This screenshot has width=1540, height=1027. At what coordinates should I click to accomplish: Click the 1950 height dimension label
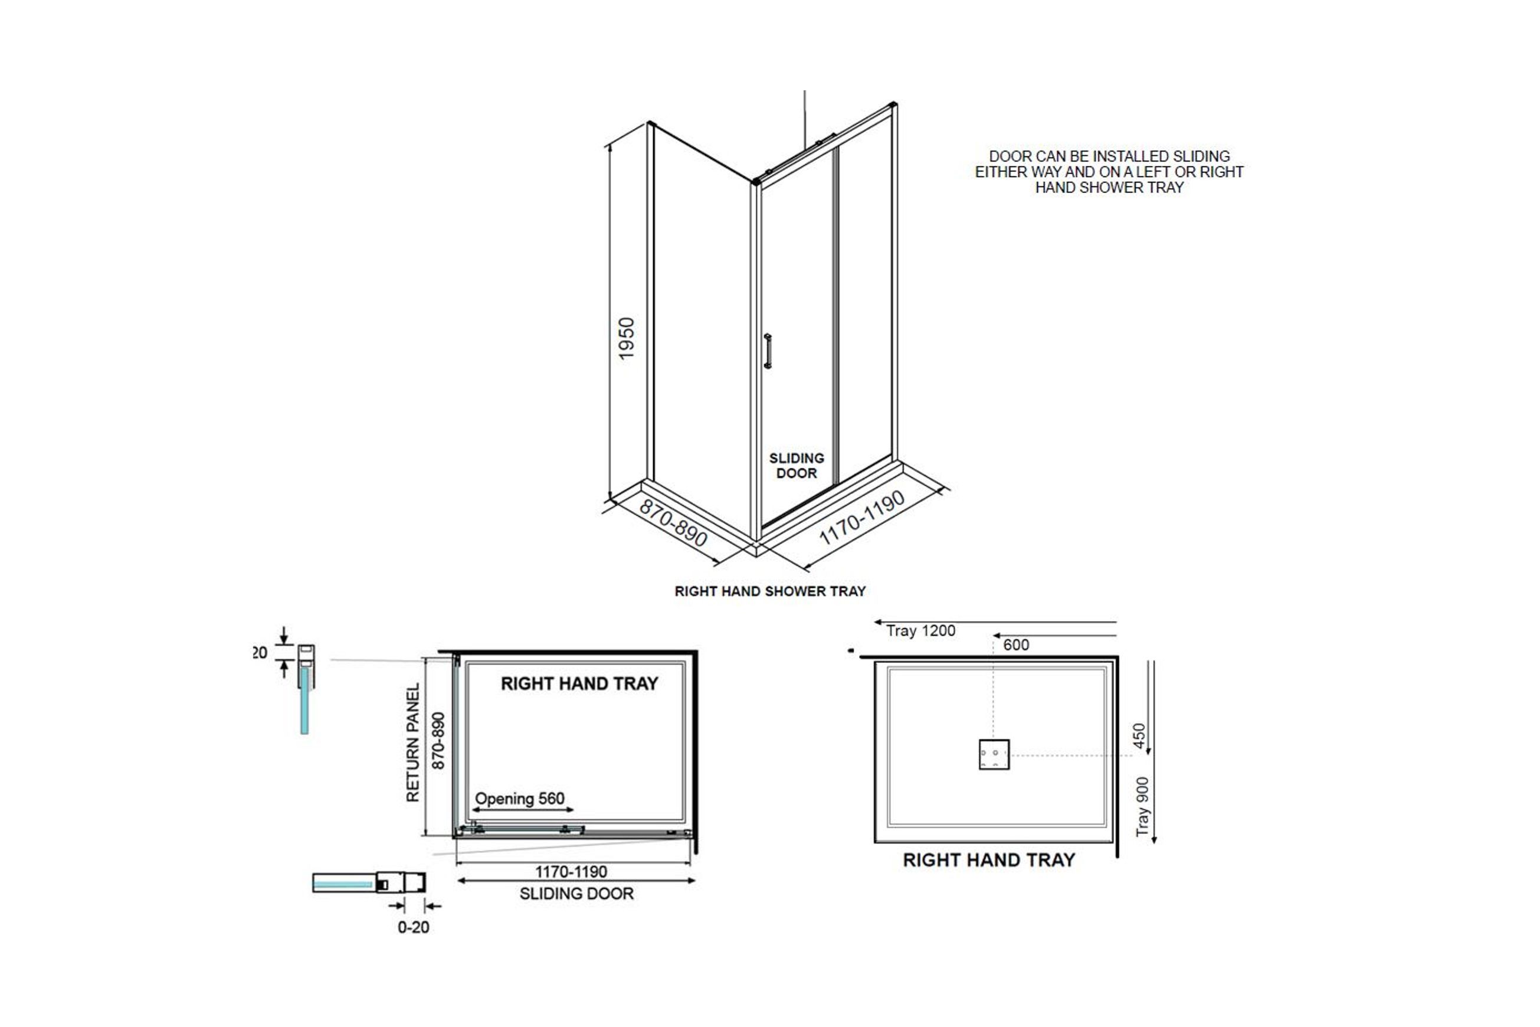[x=627, y=338]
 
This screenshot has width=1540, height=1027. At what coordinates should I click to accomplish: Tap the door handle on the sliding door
[x=768, y=351]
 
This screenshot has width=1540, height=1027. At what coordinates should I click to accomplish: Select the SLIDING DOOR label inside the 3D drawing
[x=796, y=466]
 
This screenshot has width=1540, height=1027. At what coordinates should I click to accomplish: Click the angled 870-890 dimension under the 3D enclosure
[x=673, y=524]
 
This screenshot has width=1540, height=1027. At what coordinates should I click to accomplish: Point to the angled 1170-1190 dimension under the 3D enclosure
[x=862, y=518]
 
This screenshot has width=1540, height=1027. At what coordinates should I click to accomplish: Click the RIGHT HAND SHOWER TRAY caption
[x=770, y=591]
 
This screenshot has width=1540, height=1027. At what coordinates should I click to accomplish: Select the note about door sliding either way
[x=1109, y=172]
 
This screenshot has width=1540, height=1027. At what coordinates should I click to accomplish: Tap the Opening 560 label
[x=519, y=799]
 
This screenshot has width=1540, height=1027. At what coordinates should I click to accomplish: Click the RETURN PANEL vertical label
[x=412, y=743]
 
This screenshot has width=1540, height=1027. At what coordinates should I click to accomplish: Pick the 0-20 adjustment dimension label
[x=413, y=927]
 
